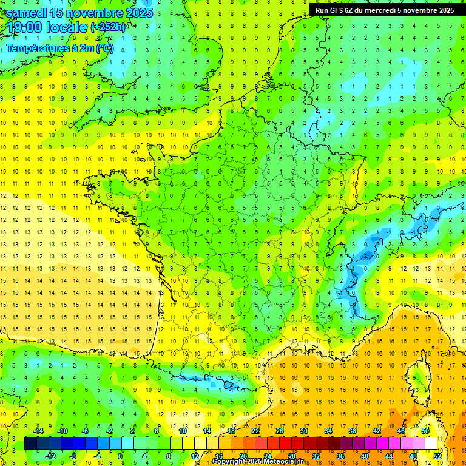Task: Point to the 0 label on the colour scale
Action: coord(120,456)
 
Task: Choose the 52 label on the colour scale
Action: coord(437,456)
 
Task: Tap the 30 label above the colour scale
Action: coord(303,431)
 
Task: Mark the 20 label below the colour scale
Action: coord(243,456)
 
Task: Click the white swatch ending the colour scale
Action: coord(431,444)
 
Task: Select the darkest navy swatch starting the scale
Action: coord(30,444)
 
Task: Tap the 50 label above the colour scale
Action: coord(425,431)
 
